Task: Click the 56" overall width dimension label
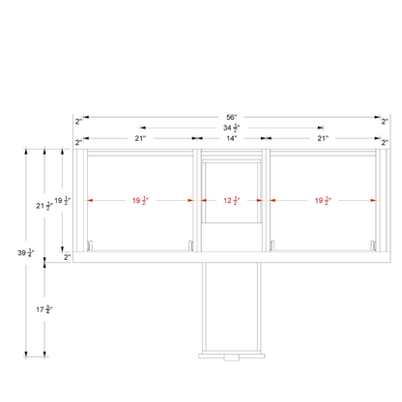232,117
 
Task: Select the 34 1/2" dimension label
232,128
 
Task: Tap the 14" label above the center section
232,138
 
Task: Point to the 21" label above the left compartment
140,138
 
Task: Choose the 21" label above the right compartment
323,138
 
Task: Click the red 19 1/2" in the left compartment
140,200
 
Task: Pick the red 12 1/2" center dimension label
232,200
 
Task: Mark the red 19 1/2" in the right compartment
323,200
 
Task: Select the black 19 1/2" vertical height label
63,200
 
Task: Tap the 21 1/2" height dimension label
44,206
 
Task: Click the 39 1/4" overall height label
26,253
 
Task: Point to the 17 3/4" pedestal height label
44,309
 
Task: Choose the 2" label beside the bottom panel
67,257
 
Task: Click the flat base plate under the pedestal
232,356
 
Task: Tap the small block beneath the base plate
232,358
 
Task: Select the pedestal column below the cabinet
232,307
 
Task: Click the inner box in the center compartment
232,192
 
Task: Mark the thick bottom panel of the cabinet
232,257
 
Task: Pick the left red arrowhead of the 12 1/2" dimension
204,200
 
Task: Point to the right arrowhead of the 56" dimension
378,117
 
